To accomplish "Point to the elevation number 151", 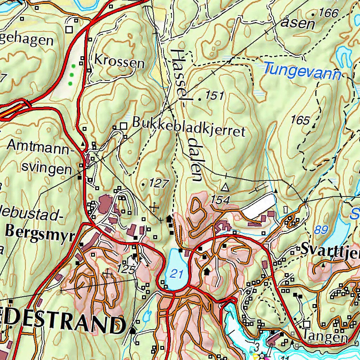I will point(215,95).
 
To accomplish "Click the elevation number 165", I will point(301,120).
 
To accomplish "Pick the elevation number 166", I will point(328,13).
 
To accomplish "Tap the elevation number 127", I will point(159,182).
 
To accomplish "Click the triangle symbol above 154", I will point(225,186).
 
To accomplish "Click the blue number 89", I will point(321,230).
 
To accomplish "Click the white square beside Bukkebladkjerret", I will point(123,126).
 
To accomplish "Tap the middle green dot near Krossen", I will point(72,75).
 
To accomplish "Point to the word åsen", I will point(299,24).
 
